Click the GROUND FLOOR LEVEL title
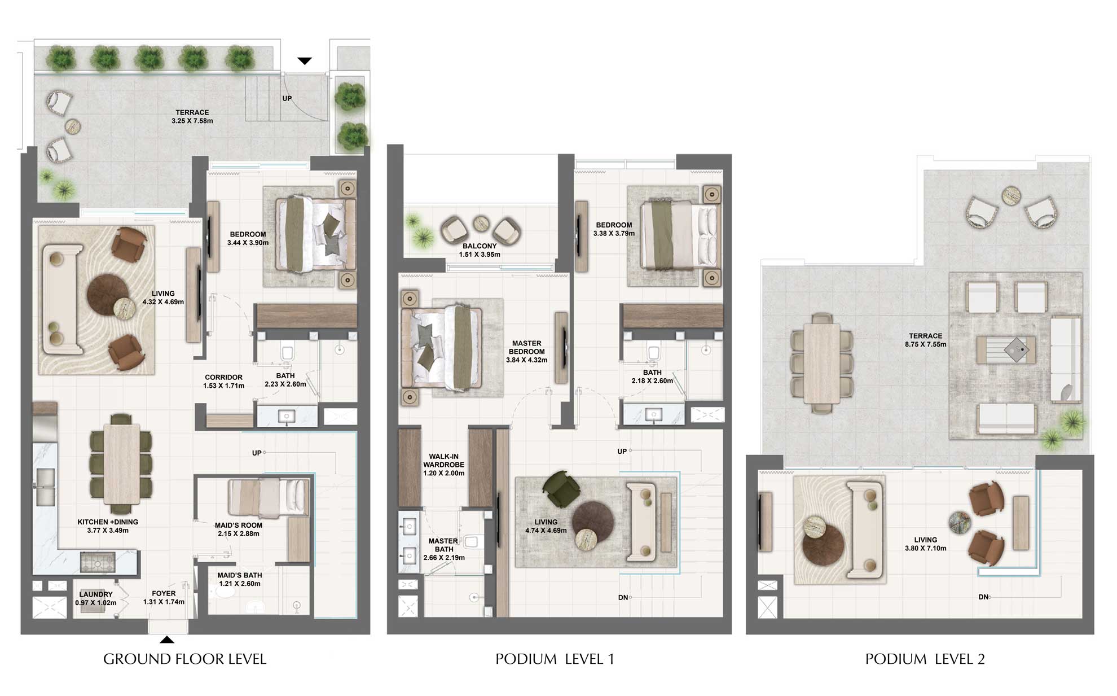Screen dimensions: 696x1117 click(x=184, y=659)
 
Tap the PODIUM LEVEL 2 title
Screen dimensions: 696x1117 click(x=925, y=659)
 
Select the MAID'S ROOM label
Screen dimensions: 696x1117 click(x=238, y=525)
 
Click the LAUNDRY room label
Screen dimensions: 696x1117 click(x=96, y=594)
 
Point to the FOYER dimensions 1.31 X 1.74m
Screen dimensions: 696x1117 click(x=164, y=602)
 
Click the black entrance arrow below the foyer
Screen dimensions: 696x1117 click(x=167, y=640)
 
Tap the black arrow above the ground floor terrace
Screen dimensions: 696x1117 click(x=305, y=61)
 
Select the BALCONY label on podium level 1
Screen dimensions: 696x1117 click(x=480, y=246)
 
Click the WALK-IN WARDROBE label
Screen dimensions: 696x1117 click(x=443, y=461)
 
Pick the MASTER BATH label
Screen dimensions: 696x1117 click(x=443, y=545)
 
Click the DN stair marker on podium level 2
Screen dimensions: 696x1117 click(x=983, y=597)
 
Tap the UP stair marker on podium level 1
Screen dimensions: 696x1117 click(x=622, y=451)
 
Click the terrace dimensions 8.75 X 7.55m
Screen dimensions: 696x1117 click(x=926, y=344)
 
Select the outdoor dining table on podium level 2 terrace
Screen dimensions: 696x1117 click(x=821, y=364)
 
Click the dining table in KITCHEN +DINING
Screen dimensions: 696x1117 click(x=121, y=463)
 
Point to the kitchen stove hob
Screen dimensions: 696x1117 click(x=98, y=562)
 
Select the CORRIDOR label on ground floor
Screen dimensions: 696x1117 click(x=223, y=377)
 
